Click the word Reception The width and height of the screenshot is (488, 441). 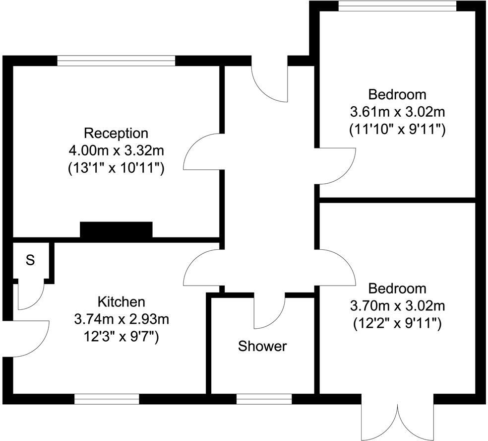[x=116, y=134]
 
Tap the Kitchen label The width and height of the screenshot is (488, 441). [x=122, y=301]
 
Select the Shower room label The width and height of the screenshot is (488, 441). [x=262, y=346]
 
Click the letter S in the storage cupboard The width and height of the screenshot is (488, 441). [x=30, y=260]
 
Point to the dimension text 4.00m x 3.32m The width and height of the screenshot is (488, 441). [x=116, y=151]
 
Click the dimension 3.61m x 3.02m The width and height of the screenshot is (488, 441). [x=397, y=112]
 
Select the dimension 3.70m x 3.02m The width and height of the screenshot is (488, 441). [x=397, y=306]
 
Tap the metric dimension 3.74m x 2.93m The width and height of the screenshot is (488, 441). [x=122, y=319]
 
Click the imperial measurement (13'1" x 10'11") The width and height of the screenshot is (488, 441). [x=116, y=169]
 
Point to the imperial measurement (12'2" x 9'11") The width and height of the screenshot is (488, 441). [x=397, y=324]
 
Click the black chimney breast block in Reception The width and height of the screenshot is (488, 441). [x=117, y=230]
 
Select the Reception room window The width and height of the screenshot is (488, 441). [x=116, y=61]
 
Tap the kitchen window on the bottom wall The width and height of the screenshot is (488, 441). [x=107, y=399]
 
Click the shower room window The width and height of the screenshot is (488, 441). [x=264, y=399]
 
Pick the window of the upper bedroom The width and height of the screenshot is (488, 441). [x=397, y=6]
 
